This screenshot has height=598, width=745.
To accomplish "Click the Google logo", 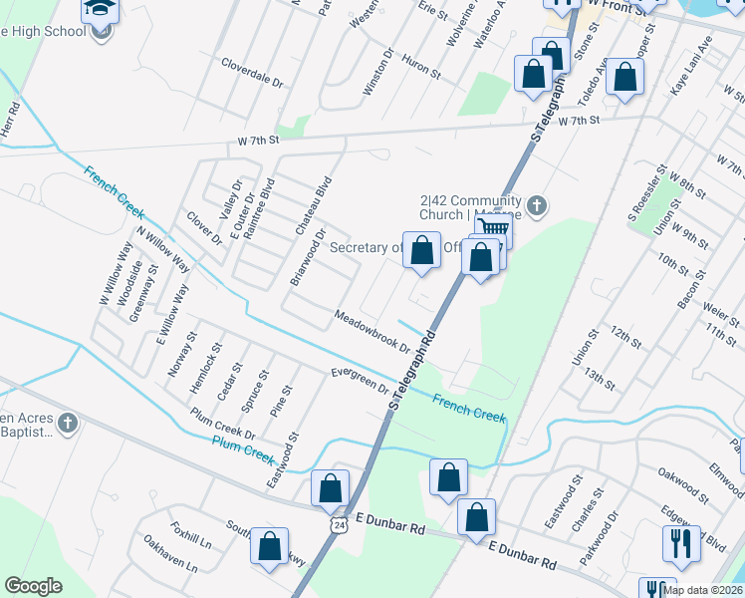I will tap(34, 586).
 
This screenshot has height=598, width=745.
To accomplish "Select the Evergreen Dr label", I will tap(360, 381).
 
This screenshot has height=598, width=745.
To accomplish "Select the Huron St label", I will tap(419, 67).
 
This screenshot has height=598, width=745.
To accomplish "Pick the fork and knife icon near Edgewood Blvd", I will tap(681, 543).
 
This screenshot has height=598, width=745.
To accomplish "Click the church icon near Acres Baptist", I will tap(68, 424).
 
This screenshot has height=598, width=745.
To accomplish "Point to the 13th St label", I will tap(601, 378).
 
